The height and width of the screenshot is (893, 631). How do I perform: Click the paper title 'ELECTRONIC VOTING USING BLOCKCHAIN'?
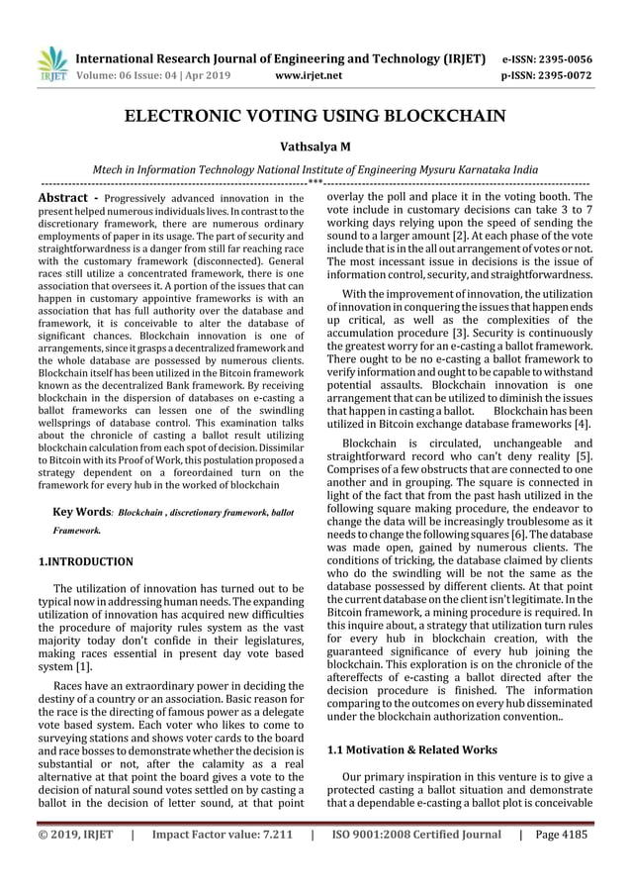315,117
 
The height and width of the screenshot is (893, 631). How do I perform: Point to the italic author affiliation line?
315,169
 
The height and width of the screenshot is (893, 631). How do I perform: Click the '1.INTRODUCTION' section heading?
83,561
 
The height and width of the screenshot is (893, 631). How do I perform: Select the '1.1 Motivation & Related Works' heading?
411,749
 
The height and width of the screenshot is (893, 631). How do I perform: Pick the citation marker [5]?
584,455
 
